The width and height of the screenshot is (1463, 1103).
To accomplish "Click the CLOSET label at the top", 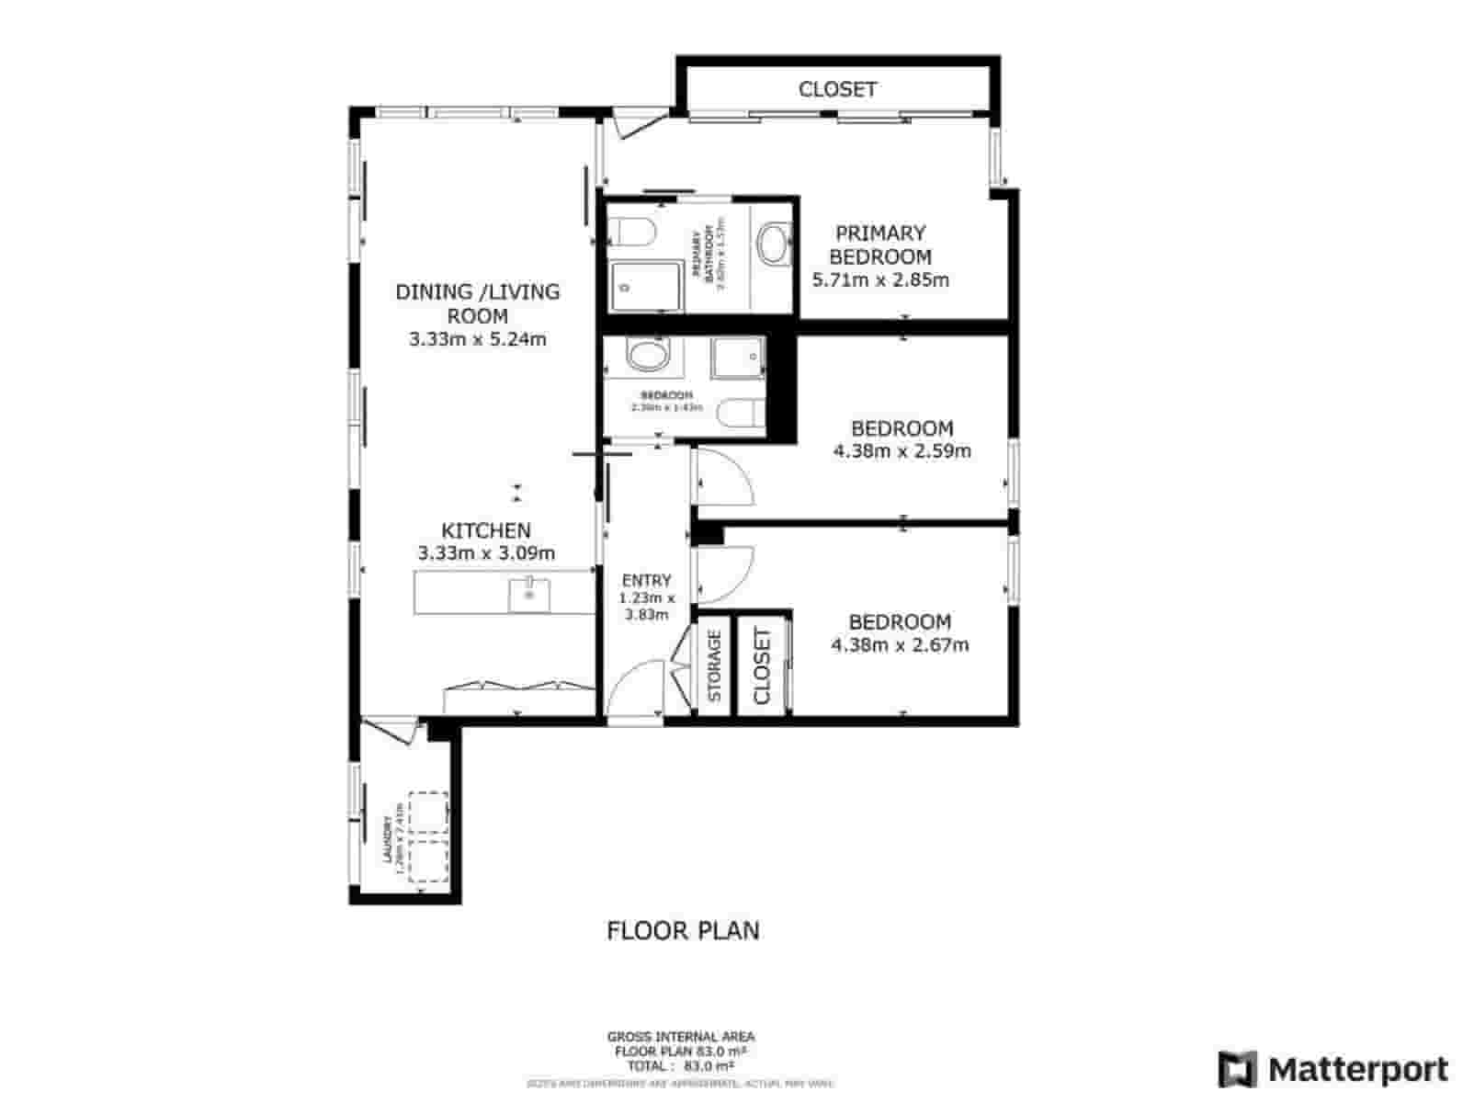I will pyautogui.click(x=837, y=89).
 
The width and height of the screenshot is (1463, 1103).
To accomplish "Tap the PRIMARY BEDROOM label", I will pyautogui.click(x=880, y=245).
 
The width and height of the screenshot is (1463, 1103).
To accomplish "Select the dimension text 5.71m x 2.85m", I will pyautogui.click(x=880, y=280).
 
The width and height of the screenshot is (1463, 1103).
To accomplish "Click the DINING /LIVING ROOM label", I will pyautogui.click(x=477, y=303).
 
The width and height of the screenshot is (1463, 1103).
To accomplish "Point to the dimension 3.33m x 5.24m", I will pyautogui.click(x=477, y=339).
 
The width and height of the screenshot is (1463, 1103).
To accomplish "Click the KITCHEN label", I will pyautogui.click(x=486, y=530).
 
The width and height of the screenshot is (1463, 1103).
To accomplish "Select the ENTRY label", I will pyautogui.click(x=646, y=580).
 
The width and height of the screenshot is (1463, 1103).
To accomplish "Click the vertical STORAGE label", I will pyautogui.click(x=715, y=665).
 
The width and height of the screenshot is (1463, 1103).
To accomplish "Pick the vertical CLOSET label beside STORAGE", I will pyautogui.click(x=763, y=665).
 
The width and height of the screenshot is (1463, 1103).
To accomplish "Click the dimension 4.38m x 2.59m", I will pyautogui.click(x=902, y=451).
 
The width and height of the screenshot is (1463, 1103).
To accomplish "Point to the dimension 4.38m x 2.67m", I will pyautogui.click(x=900, y=645).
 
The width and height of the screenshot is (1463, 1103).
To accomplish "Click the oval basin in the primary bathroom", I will pyautogui.click(x=774, y=244).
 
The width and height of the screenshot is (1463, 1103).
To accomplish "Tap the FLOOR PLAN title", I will pyautogui.click(x=683, y=930).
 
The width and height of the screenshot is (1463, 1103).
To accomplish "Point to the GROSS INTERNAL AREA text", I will pyautogui.click(x=681, y=1037).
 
